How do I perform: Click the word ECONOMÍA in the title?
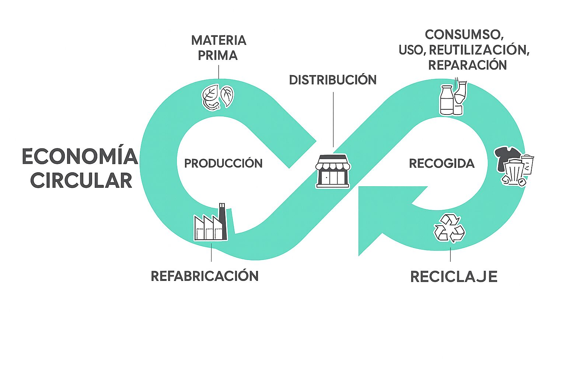(80, 157)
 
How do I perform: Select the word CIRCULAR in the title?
(81, 180)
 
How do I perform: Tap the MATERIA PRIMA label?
(219, 48)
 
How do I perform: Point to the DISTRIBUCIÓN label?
(333, 80)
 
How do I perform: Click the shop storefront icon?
(333, 172)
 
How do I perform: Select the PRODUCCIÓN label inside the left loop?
(223, 163)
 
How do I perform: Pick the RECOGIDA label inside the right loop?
(442, 163)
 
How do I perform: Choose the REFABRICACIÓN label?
(205, 276)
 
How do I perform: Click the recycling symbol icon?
(449, 229)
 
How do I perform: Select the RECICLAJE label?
(454, 277)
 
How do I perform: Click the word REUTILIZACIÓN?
(479, 50)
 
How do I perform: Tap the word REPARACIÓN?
(467, 65)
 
